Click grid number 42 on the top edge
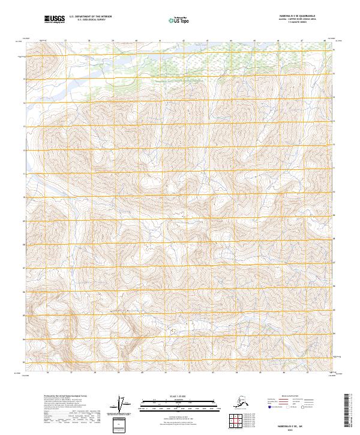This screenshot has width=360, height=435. (x=183, y=41)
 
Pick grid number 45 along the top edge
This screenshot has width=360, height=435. (x=254, y=41)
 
